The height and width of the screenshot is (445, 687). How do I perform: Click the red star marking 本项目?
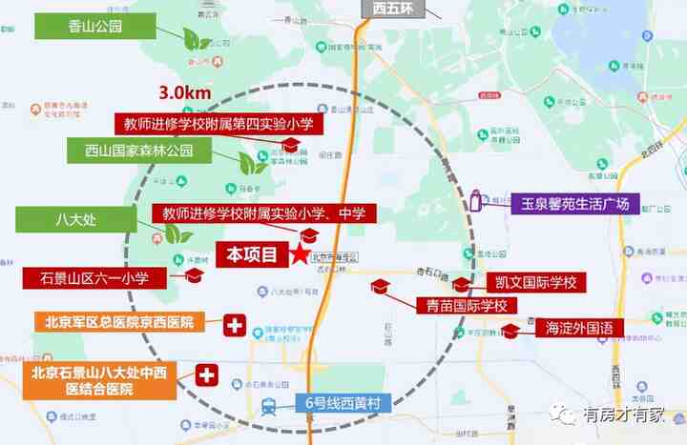click(x=301, y=254)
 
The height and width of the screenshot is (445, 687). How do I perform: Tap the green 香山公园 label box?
click(x=95, y=26)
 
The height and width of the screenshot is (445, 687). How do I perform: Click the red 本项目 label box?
click(x=251, y=254)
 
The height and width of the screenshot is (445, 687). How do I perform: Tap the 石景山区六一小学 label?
click(x=94, y=278)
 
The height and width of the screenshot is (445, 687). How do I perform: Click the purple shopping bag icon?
click(x=474, y=202)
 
